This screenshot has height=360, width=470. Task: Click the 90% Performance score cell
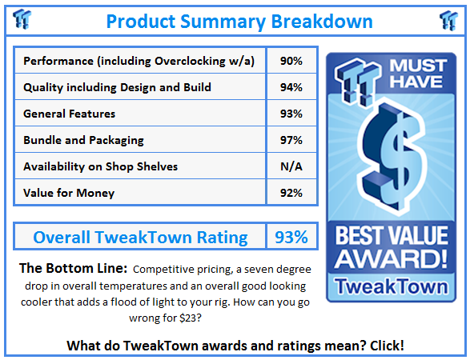click(x=291, y=61)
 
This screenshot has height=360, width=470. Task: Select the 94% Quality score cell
click(x=291, y=87)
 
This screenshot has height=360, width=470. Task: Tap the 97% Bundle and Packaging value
click(x=291, y=140)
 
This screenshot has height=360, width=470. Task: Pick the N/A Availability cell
click(x=291, y=166)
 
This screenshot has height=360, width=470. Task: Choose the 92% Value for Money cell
click(x=291, y=193)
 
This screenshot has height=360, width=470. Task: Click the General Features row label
click(x=70, y=114)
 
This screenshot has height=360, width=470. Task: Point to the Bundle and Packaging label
click(x=84, y=140)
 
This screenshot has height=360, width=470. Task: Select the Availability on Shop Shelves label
click(x=101, y=166)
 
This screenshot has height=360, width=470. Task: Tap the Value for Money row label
click(x=69, y=193)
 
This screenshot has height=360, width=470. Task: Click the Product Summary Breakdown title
click(x=234, y=21)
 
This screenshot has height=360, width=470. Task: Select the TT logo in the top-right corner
click(x=448, y=21)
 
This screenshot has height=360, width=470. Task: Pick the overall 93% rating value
click(x=291, y=237)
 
